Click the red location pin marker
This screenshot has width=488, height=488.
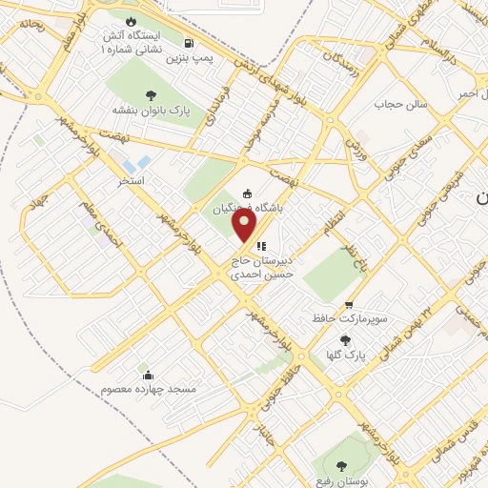(x=246, y=225)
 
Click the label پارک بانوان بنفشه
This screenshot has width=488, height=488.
(x=151, y=111)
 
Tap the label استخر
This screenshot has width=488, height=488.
(x=130, y=179)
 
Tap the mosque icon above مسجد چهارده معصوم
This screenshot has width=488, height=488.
(x=145, y=372)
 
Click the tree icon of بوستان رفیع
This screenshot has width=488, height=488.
(x=341, y=465)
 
